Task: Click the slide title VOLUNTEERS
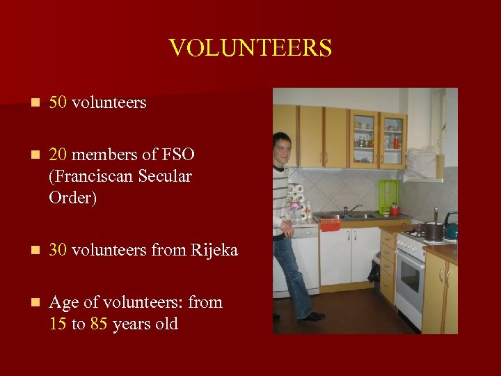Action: (250, 48)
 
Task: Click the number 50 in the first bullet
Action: (58, 102)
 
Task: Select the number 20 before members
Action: (58, 155)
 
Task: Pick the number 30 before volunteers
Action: (58, 249)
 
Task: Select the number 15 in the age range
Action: (58, 324)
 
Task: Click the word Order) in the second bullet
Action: (73, 198)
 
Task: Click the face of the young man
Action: (282, 148)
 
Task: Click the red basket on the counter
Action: (330, 224)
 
